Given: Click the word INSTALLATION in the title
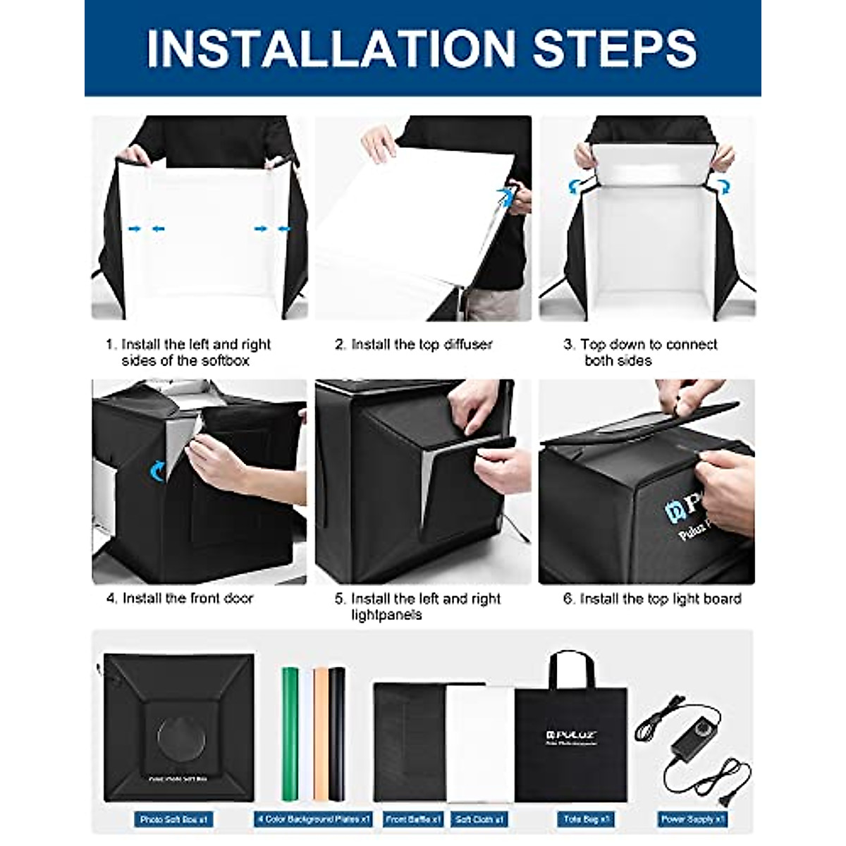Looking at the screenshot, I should [331, 48].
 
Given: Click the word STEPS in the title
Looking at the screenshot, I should [614, 48].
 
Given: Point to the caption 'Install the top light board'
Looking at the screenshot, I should [652, 599].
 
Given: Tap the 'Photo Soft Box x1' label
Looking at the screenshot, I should [173, 820].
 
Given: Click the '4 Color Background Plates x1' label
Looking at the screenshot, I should [312, 820].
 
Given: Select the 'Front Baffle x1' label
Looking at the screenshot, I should [413, 820].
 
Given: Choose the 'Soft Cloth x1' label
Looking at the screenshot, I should [479, 820].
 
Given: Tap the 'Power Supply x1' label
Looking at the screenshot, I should [692, 820].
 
